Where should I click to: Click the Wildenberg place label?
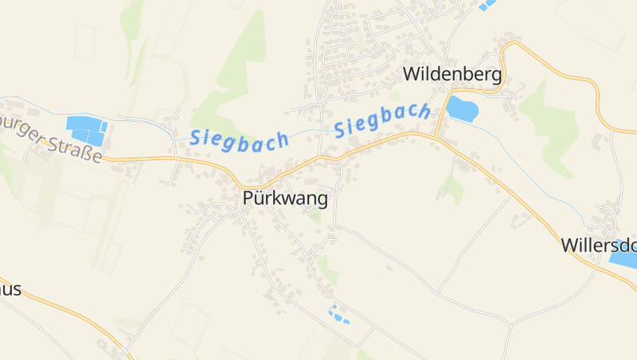click(453, 75)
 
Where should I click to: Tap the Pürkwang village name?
click(285, 199)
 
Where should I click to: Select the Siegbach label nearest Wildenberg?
click(382, 119)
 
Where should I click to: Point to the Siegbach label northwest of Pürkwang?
click(239, 139)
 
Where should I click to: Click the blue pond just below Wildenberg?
click(462, 108)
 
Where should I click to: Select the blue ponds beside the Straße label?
click(86, 130)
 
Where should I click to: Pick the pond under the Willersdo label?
click(624, 253)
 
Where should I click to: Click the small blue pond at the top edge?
click(486, 4)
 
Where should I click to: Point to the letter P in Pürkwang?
click(248, 199)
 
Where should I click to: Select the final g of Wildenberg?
click(496, 77)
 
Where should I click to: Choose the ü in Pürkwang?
click(260, 199)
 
